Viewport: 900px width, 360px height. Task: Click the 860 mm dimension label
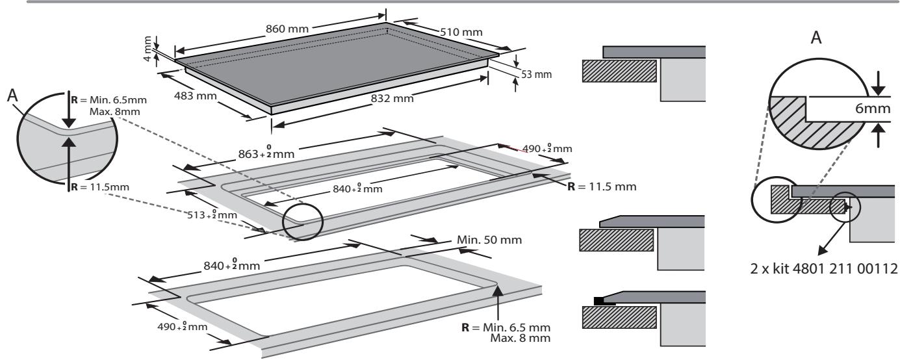[287, 29]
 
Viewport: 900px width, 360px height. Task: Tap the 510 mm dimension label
[461, 32]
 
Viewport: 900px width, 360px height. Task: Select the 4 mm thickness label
[148, 49]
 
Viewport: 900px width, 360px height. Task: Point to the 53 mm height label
[536, 74]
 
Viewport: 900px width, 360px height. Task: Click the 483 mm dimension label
[195, 96]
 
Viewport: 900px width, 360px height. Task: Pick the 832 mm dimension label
[392, 98]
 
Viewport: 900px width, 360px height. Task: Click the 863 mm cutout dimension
[266, 153]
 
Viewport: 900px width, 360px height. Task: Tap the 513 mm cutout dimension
[212, 214]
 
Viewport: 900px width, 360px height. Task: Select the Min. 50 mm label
[489, 240]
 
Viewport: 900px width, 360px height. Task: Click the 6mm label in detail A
[872, 108]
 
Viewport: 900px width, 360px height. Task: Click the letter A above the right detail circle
[816, 38]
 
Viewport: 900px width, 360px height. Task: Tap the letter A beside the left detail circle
[13, 96]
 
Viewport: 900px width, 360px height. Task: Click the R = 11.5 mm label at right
[602, 186]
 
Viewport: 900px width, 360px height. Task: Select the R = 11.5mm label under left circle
[100, 187]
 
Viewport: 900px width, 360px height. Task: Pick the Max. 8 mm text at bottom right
[521, 338]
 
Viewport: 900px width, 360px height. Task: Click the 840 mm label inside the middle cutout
[357, 188]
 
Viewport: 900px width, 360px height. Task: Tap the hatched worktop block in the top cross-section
[619, 71]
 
